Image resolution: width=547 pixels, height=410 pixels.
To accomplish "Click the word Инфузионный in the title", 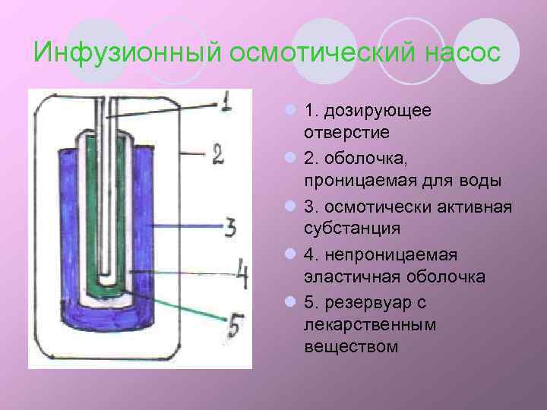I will click(x=128, y=54).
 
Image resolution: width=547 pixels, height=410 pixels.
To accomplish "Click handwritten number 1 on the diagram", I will click(x=226, y=101).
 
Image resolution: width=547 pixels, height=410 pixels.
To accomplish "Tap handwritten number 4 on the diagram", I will click(x=241, y=275).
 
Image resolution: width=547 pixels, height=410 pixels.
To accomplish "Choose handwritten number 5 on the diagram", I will click(x=235, y=327).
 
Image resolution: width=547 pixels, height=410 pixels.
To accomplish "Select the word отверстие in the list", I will click(x=346, y=132).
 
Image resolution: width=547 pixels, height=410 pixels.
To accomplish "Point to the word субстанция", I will click(x=353, y=228).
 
